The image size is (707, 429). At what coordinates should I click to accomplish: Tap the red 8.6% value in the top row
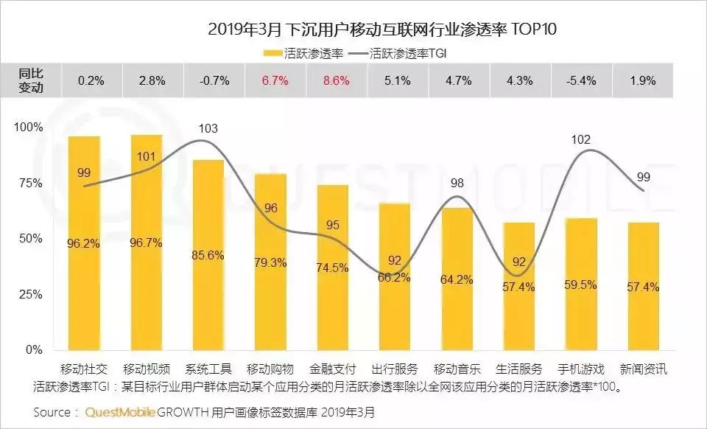pyautogui.click(x=336, y=81)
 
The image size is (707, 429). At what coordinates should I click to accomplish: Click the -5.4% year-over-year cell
pyautogui.click(x=580, y=81)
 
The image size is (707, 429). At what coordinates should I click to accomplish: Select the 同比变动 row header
pyautogui.click(x=31, y=81)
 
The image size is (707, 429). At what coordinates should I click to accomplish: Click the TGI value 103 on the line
pyautogui.click(x=208, y=129)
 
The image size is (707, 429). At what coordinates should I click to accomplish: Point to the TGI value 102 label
pyautogui.click(x=580, y=139)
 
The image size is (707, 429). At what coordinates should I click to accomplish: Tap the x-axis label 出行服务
pyautogui.click(x=395, y=369)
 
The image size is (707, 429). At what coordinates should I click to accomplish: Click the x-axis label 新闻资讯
pyautogui.click(x=642, y=369)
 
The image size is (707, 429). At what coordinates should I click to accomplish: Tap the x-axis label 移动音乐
pyautogui.click(x=457, y=369)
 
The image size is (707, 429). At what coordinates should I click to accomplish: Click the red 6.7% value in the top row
pyautogui.click(x=273, y=81)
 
